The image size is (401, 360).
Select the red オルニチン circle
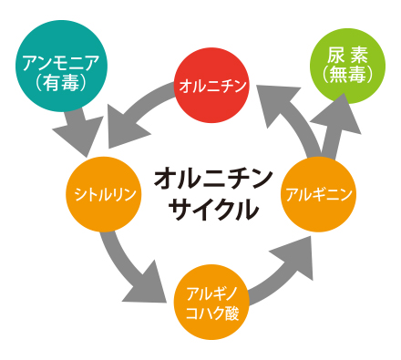[211, 87]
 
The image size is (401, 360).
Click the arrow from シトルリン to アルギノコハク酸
[129, 265]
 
